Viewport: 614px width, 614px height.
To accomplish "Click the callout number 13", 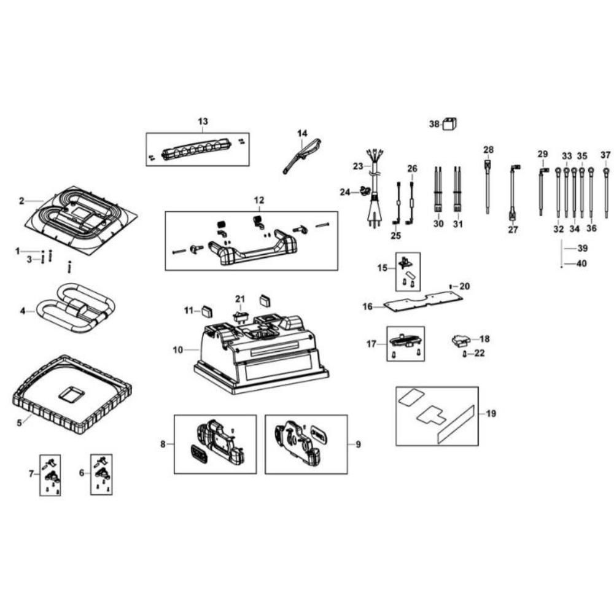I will pos(203,122).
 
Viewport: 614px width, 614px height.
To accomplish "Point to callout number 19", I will pos(491,413).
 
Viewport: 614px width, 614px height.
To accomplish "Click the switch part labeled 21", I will pos(240,316).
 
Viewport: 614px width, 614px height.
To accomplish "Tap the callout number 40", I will pos(581,264).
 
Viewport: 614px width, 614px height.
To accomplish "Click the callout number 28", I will pos(488,149).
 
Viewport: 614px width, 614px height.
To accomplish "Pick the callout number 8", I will pos(163,444).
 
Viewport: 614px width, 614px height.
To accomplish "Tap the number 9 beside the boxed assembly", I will pos(358,444).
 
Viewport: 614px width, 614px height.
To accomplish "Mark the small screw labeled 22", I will pos(465,354).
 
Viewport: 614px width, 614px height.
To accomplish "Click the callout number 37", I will pos(606,155).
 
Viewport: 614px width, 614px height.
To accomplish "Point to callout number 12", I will pos(258,200).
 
